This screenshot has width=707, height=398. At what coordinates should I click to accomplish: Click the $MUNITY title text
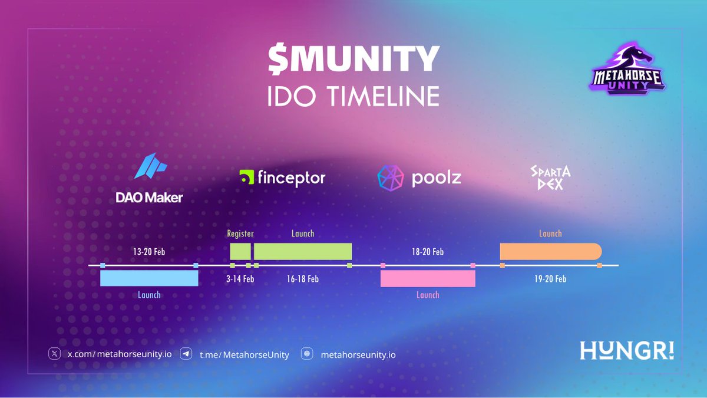click(353, 60)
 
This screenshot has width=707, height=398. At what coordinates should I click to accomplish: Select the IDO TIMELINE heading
click(353, 96)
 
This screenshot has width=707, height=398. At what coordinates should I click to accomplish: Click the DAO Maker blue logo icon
click(147, 166)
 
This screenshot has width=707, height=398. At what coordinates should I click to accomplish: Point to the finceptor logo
click(282, 177)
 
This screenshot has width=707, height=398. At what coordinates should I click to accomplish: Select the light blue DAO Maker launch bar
click(149, 278)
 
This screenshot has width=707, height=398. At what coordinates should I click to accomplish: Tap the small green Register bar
click(240, 251)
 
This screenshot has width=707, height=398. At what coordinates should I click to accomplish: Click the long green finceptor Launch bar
click(303, 251)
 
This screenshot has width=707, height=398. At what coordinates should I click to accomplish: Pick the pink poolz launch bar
click(428, 278)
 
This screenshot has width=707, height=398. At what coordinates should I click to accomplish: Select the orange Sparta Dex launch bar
click(550, 251)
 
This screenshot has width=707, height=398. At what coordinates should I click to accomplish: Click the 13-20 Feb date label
click(148, 252)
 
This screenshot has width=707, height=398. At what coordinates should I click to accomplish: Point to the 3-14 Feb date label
click(240, 279)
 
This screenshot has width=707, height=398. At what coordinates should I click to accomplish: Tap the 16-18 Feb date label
click(303, 279)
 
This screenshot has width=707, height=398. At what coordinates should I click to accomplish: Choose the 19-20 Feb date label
click(550, 279)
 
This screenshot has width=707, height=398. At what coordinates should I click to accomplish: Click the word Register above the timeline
click(240, 233)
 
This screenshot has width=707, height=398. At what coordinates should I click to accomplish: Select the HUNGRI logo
click(627, 350)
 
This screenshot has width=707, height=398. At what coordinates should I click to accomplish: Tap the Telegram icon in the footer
click(187, 354)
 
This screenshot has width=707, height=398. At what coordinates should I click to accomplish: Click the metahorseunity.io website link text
click(358, 355)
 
